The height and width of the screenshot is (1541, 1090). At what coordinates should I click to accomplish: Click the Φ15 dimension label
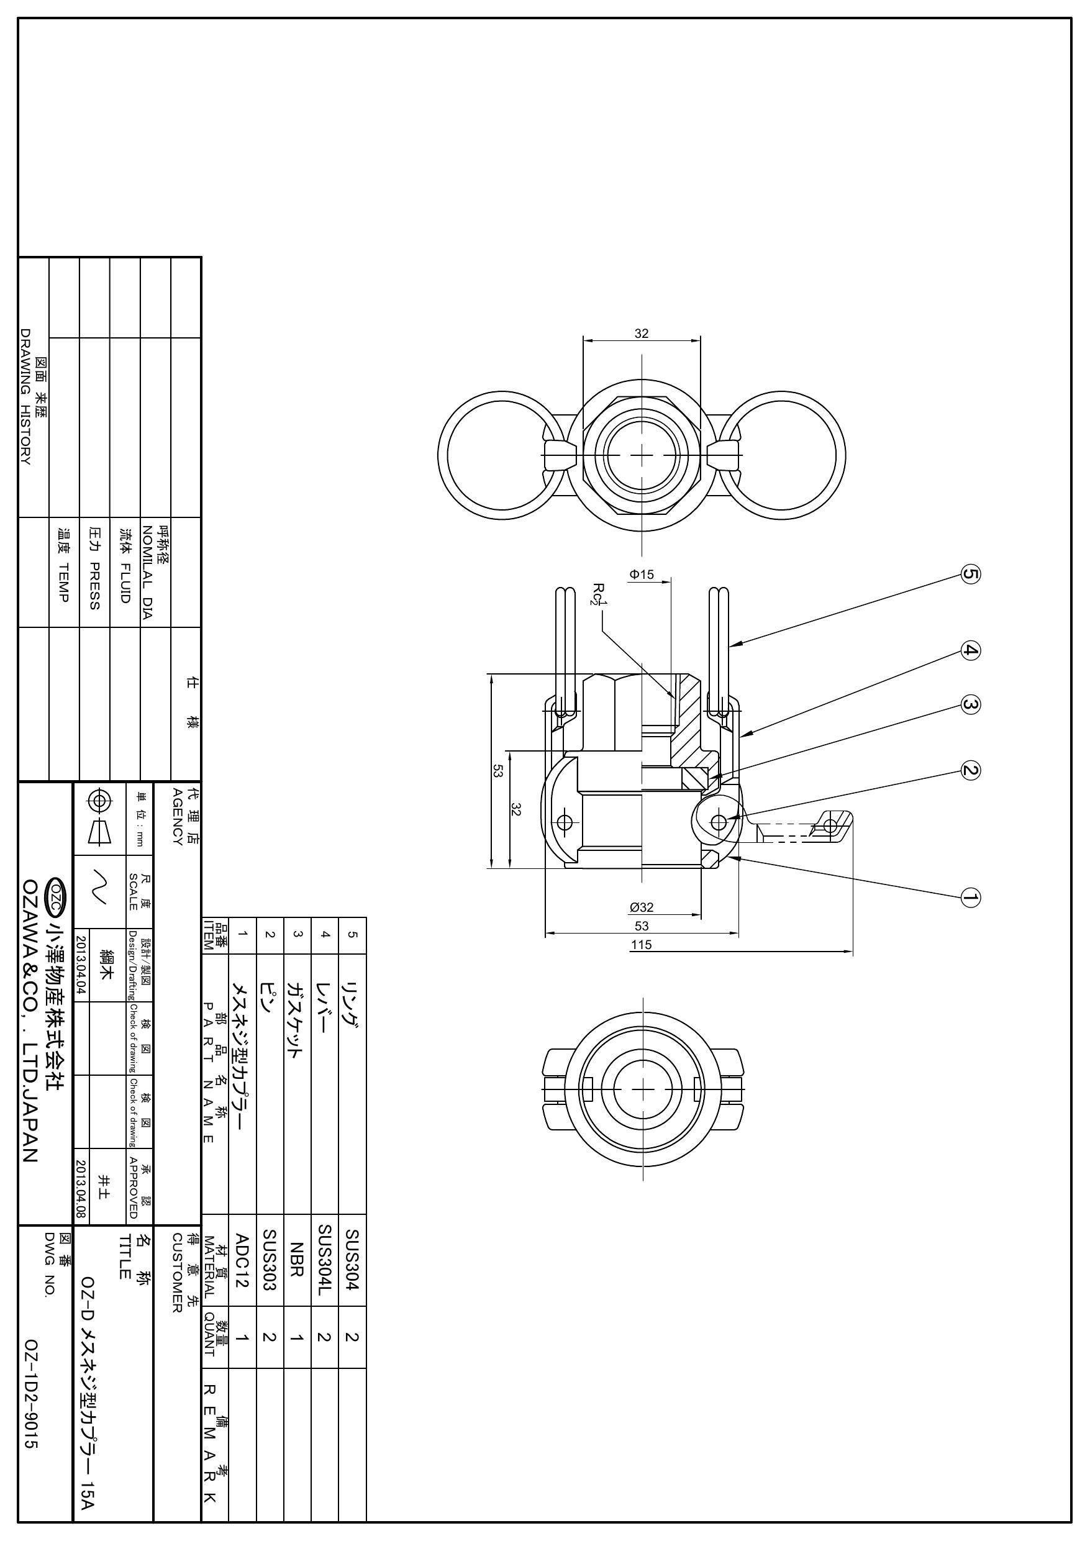(x=642, y=575)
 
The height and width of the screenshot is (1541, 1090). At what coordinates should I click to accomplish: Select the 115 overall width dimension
(x=642, y=944)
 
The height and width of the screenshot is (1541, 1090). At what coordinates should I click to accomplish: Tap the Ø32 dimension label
(x=642, y=907)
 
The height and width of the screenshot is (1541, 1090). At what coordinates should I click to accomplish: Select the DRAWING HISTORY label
(x=26, y=397)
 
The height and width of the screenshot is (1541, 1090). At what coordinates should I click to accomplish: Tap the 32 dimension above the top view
(x=642, y=333)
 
